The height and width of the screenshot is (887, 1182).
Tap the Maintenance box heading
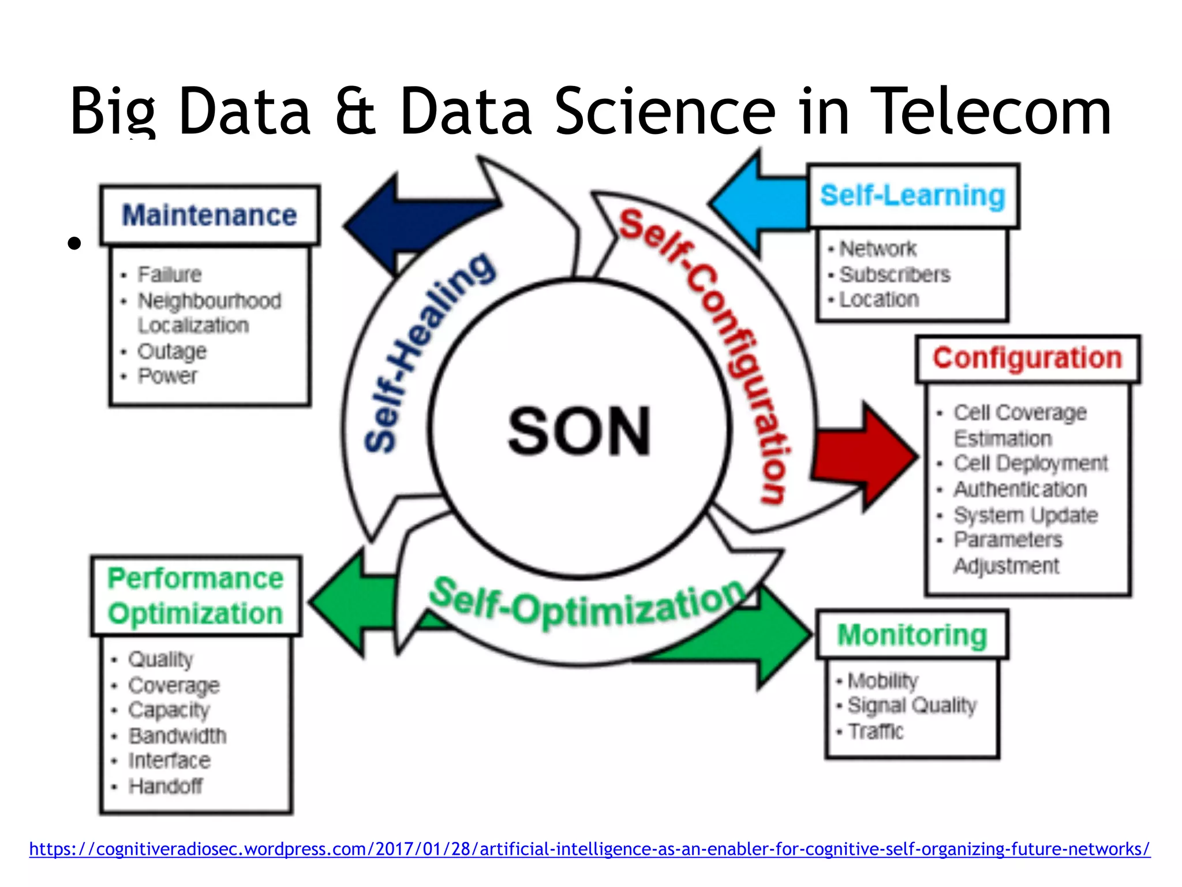coord(210,215)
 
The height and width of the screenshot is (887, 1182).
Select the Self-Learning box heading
coord(912,195)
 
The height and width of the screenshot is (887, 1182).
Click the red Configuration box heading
coord(1027,358)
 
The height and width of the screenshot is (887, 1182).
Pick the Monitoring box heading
coord(912,635)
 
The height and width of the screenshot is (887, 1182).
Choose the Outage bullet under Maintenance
coord(171,351)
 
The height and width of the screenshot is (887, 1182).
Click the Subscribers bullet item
coord(894,274)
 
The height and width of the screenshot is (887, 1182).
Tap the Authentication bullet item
coord(1020,489)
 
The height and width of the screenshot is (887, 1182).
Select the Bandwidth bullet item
coord(177,736)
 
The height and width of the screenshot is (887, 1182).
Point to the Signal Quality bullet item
coord(911,705)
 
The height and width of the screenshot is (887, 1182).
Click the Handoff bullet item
coord(165,786)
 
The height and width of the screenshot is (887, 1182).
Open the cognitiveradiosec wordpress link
coord(589,849)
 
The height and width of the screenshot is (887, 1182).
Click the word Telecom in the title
coord(990,111)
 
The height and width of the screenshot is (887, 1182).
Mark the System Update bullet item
coord(1025,515)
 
